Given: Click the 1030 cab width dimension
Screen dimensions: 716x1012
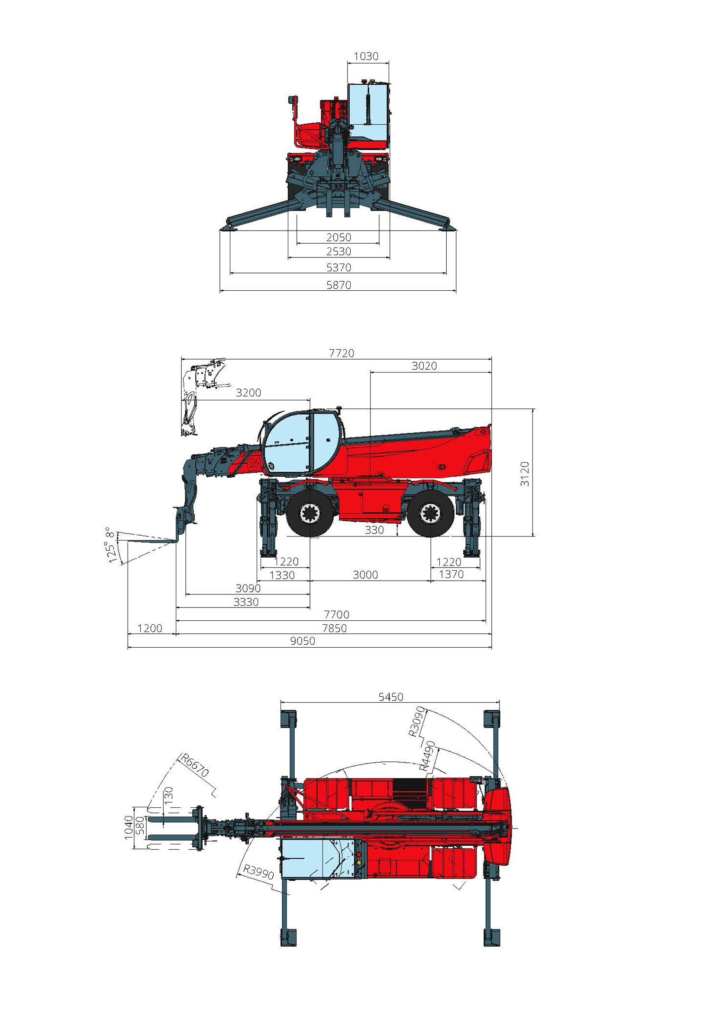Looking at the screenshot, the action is [x=366, y=56].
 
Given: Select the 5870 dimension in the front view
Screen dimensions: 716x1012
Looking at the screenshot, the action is [x=339, y=285].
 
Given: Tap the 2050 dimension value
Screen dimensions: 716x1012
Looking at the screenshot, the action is [x=339, y=238].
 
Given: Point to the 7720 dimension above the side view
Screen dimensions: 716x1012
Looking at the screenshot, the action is [x=342, y=353].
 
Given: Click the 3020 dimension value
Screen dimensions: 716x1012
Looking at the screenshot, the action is [x=424, y=366].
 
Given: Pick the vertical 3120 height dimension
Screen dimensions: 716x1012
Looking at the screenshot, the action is [x=525, y=474].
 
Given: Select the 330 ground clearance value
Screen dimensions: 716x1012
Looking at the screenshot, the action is [x=374, y=530].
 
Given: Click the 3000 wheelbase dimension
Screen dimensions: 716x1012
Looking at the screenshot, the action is [x=365, y=575].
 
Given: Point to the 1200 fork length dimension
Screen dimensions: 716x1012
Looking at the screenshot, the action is [x=150, y=628].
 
